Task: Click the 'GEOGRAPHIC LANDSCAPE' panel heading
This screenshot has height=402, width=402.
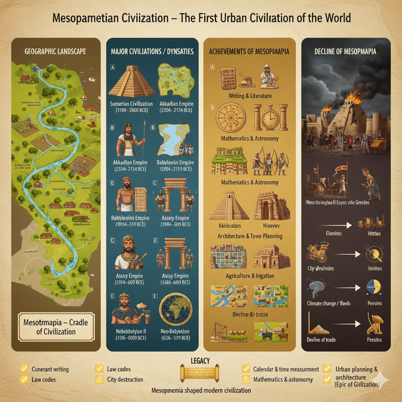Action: (55, 51)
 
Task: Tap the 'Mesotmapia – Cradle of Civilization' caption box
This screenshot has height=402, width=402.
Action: (57, 327)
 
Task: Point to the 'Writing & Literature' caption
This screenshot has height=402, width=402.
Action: (250, 96)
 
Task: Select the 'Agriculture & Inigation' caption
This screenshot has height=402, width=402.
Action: (250, 276)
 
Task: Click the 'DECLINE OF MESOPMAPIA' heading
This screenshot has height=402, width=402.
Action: (345, 51)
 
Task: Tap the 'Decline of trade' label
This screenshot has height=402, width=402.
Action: (321, 340)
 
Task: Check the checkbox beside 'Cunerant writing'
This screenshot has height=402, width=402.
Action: (24, 369)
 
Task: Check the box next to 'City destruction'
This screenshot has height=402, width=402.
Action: (99, 380)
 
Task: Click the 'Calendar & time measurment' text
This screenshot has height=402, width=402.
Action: (281, 369)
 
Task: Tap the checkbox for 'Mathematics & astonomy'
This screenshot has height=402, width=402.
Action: (246, 380)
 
